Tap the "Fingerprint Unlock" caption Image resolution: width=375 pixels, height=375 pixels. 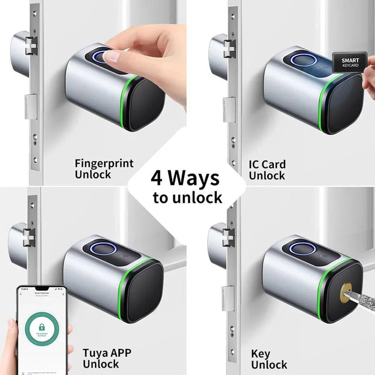[104, 169]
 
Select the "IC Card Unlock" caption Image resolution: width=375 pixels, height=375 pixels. [267, 169]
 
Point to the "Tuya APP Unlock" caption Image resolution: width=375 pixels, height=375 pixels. [107, 358]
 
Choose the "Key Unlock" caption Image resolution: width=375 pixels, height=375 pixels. [269, 359]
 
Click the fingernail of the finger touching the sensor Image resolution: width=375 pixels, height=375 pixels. [111, 57]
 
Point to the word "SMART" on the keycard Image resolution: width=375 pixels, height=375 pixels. [350, 60]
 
